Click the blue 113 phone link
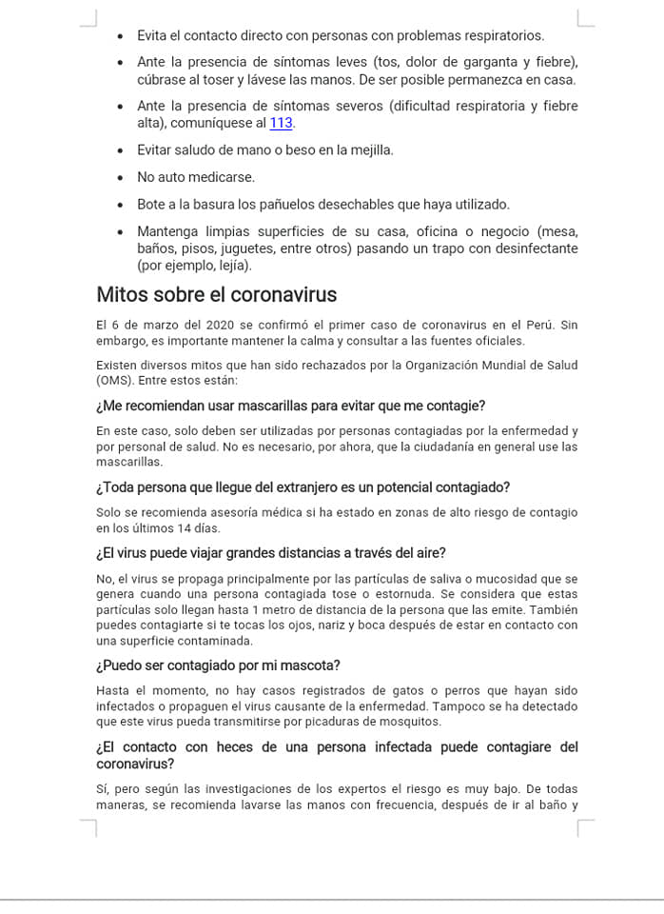tap(281, 123)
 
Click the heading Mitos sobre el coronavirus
tap(217, 294)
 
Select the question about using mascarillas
tap(291, 406)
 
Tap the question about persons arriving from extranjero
tap(303, 487)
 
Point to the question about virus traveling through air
tap(271, 553)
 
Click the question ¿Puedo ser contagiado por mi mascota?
tap(218, 665)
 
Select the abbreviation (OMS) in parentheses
tap(114, 380)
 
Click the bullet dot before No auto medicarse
tap(120, 178)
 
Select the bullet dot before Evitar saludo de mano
tap(120, 150)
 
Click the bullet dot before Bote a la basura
tap(120, 205)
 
